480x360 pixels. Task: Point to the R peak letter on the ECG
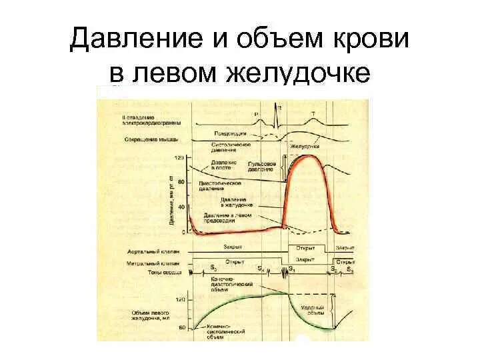tap(279, 106)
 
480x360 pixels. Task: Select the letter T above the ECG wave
tap(314, 113)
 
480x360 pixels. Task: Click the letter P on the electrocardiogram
tap(256, 114)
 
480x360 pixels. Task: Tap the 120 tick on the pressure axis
tap(179, 158)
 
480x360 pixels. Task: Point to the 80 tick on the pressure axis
tap(179, 183)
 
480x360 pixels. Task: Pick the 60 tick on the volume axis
tap(181, 327)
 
